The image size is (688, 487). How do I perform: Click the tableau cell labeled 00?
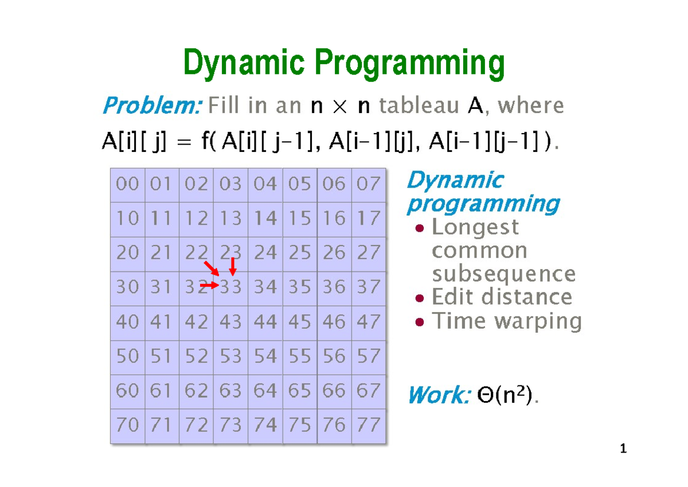click(x=128, y=184)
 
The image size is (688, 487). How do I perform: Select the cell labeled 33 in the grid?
click(x=231, y=287)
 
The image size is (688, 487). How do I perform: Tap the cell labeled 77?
click(x=369, y=425)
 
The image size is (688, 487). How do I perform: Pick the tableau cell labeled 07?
click(x=369, y=184)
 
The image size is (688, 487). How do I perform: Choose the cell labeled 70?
click(x=128, y=425)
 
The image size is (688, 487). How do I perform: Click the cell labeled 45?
click(x=300, y=322)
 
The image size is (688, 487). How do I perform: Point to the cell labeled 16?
click(x=334, y=219)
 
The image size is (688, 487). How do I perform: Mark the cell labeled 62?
click(x=197, y=391)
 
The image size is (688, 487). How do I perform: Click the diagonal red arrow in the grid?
click(x=212, y=268)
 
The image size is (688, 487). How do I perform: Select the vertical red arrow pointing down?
click(x=232, y=266)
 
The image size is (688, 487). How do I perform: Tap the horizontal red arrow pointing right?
click(x=209, y=285)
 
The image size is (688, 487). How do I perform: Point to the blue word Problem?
click(x=151, y=106)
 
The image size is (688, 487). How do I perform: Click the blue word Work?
click(x=438, y=395)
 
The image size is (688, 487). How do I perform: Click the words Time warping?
click(x=506, y=321)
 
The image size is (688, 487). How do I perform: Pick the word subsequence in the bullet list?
click(x=503, y=274)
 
